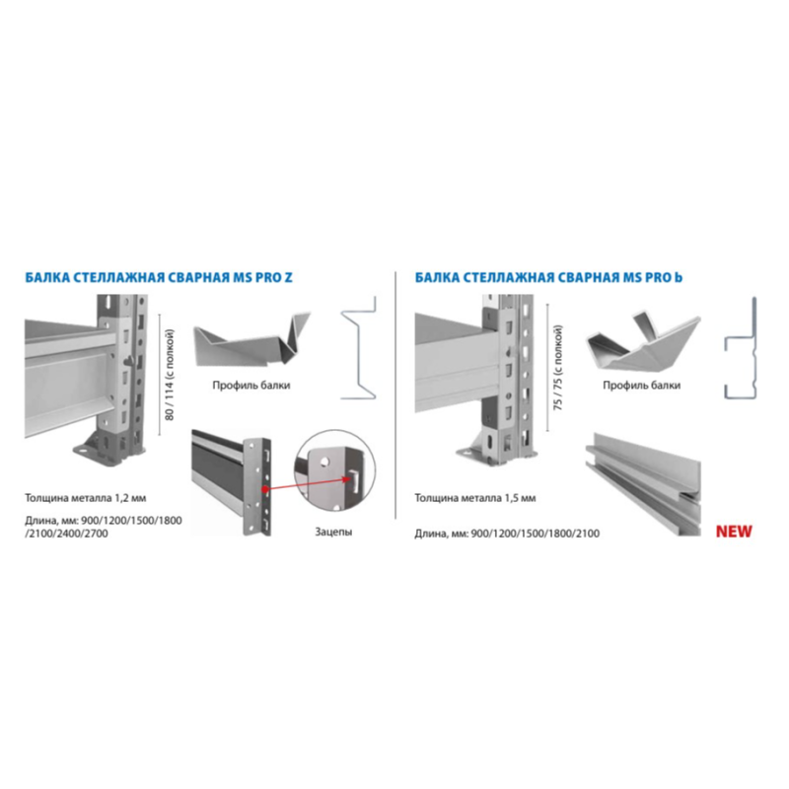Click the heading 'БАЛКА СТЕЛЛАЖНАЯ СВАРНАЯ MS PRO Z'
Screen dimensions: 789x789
click(x=159, y=277)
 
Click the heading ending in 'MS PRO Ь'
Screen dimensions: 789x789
click(x=548, y=277)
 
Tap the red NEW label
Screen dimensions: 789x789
click(x=734, y=532)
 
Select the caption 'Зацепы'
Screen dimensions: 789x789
click(x=333, y=532)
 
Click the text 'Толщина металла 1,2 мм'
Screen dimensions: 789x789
click(x=86, y=498)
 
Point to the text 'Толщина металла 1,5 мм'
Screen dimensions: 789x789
click(x=475, y=498)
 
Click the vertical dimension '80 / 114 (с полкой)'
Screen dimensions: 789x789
click(x=169, y=375)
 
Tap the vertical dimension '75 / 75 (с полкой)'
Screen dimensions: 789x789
click(x=558, y=368)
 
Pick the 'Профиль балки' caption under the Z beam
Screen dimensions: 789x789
click(x=251, y=386)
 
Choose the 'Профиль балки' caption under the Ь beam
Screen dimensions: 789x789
click(x=642, y=386)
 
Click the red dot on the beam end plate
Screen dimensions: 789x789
click(x=263, y=488)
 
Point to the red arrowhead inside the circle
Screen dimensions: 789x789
click(x=347, y=479)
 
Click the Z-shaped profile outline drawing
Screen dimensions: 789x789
click(x=359, y=348)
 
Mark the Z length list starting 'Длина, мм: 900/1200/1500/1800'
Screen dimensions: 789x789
click(x=104, y=527)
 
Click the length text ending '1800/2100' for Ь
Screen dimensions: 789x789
click(x=507, y=534)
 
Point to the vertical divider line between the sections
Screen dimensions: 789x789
click(x=395, y=395)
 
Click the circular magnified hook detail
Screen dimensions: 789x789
click(x=334, y=471)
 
